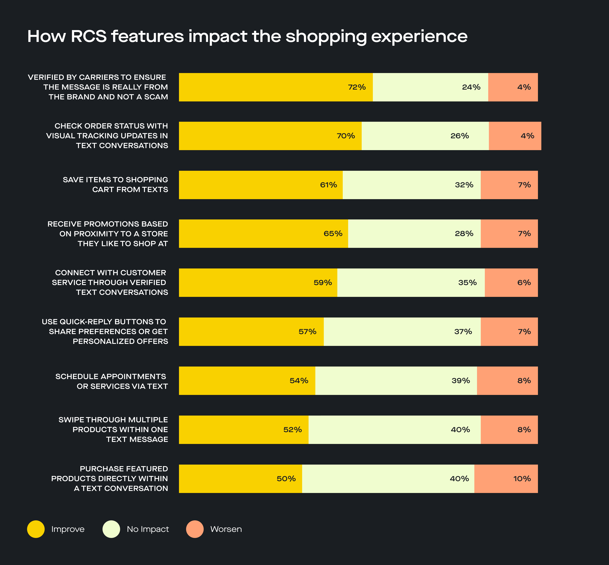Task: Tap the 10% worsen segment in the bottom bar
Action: [506, 479]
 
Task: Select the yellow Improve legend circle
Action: [36, 529]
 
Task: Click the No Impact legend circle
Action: [111, 529]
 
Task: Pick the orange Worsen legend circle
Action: [195, 529]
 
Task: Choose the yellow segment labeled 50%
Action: [240, 479]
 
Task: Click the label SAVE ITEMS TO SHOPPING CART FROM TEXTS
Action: [115, 185]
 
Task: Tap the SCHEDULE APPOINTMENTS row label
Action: [111, 381]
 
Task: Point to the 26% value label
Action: [459, 136]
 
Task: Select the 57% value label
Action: [307, 332]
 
